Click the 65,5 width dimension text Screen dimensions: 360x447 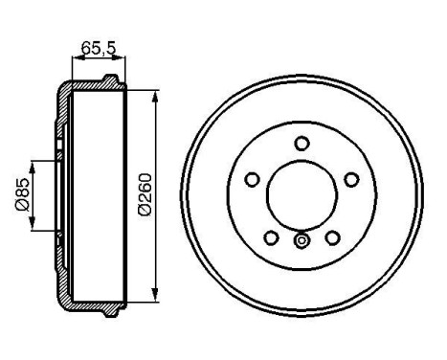91,45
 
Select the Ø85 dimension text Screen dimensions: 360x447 19,195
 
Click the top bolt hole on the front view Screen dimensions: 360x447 302,144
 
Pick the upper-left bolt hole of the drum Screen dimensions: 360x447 253,179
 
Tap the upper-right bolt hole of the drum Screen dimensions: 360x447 350,179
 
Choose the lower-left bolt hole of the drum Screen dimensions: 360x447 271,236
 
